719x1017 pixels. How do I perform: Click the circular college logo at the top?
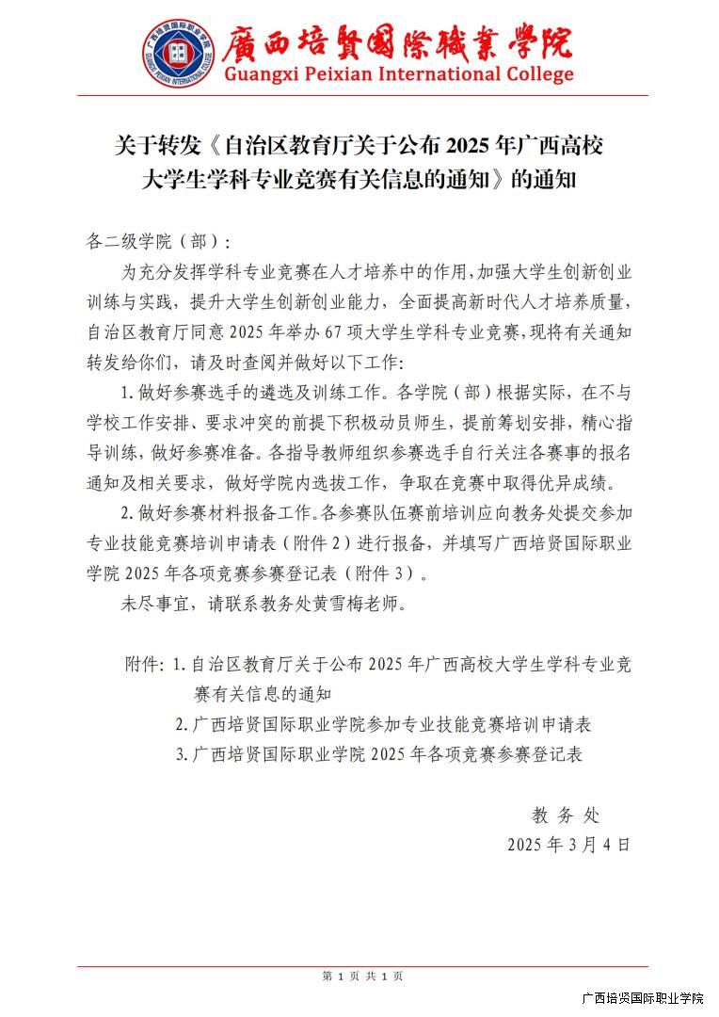coord(178,54)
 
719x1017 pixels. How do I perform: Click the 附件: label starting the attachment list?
coord(146,664)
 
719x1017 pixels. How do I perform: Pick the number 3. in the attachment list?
coord(182,754)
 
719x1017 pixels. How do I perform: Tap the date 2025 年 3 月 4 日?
coord(568,844)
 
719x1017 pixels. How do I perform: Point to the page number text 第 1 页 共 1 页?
coord(362,977)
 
